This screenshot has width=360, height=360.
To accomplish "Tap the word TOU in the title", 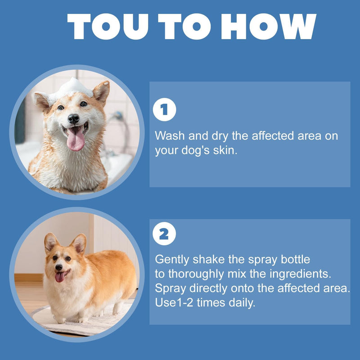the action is (x=108, y=27).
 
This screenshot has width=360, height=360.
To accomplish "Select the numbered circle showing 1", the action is (x=164, y=109).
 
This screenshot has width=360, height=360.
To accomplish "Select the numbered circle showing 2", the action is (x=164, y=234).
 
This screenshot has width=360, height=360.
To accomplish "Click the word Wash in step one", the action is (x=170, y=135).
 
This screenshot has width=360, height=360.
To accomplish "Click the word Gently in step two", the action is (x=172, y=260).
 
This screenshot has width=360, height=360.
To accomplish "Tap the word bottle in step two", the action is (x=295, y=259).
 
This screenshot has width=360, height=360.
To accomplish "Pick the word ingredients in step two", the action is (x=300, y=274).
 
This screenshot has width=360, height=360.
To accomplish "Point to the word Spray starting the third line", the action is (x=170, y=288).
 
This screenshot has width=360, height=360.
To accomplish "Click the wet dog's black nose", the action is (x=74, y=119).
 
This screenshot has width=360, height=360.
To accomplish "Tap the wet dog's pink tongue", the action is (x=75, y=139).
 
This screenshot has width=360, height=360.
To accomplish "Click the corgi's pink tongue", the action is (x=60, y=277).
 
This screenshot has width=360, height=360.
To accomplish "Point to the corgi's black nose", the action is (x=59, y=267).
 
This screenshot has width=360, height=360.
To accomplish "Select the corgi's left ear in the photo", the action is (x=50, y=242).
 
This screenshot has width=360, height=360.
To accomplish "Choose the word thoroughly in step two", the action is (x=196, y=274).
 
